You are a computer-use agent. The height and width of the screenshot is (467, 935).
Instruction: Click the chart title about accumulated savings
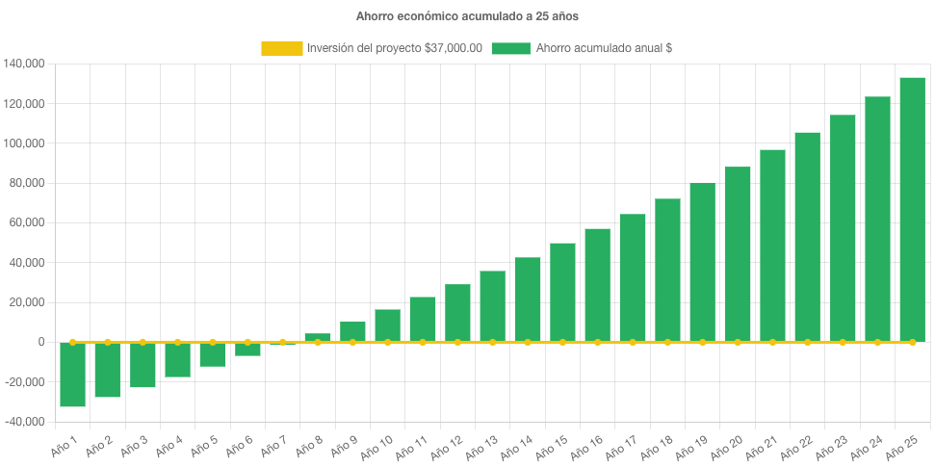[x=467, y=16]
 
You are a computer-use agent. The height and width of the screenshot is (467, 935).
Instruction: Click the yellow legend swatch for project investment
[x=280, y=48]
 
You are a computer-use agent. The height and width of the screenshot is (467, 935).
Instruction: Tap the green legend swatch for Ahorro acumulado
[x=510, y=48]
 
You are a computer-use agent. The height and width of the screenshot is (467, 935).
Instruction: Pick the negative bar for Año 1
[x=72, y=375]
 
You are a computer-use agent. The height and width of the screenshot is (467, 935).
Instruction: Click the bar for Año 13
[x=492, y=306]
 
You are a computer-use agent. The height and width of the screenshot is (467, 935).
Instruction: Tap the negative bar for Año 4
[x=177, y=359]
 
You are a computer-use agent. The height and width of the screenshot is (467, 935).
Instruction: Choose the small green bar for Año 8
[x=318, y=337]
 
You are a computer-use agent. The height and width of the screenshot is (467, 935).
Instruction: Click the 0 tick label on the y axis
[x=41, y=342]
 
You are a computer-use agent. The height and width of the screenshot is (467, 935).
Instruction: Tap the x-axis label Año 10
[x=377, y=447]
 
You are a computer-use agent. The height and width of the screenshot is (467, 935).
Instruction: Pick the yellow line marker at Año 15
[x=562, y=342]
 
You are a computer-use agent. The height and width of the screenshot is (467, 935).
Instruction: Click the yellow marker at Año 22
[x=807, y=342]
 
